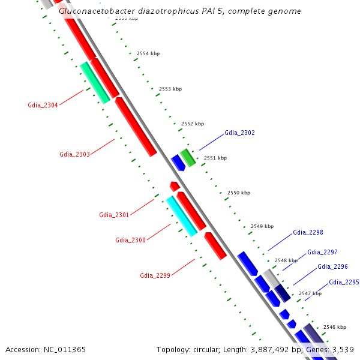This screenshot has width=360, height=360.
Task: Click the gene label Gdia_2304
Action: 43,105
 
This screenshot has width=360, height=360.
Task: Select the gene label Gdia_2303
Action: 74,154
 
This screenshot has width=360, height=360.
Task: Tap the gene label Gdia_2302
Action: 239,133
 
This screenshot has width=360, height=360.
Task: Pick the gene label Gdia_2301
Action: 114,215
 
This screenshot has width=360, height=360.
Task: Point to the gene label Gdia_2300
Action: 130,240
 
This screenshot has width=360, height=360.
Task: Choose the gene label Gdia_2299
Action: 155,275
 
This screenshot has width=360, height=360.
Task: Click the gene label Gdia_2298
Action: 308,232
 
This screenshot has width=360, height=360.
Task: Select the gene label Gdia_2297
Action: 322,252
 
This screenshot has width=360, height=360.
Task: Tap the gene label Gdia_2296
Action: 332,266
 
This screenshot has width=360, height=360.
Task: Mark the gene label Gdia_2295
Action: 344,282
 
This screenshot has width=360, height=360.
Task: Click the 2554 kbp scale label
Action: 148,54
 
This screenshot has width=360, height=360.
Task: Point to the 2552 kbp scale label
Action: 193,124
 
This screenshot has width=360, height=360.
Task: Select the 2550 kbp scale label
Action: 239,193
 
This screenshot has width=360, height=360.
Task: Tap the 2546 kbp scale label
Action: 334,327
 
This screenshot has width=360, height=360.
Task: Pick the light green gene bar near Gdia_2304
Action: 95,82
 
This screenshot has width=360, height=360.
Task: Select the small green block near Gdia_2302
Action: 188,157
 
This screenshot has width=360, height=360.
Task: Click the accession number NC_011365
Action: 64,349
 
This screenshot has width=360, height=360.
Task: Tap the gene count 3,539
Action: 341,349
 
